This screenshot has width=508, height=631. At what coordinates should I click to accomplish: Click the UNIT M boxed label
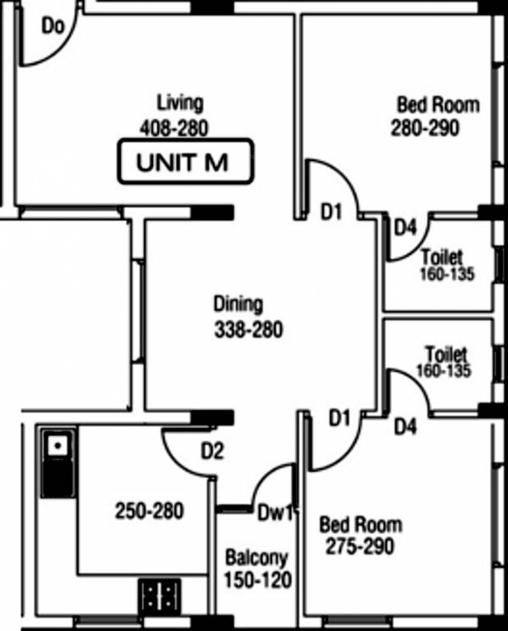186,161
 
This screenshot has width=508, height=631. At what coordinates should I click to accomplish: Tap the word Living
180,102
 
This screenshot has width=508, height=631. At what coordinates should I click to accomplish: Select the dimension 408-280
174,128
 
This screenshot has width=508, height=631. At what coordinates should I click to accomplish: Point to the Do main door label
53,26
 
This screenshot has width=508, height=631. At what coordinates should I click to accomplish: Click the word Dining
238,304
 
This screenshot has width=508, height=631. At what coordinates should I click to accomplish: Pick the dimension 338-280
249,329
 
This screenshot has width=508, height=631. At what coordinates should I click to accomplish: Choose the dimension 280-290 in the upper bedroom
425,128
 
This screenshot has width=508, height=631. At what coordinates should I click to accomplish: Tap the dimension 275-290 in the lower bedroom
360,546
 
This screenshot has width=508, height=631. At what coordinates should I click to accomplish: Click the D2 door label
212,452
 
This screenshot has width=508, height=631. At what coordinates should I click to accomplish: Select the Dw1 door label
275,513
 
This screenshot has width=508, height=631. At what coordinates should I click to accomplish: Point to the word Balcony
256,558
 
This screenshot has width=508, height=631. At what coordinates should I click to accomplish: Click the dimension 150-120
257,580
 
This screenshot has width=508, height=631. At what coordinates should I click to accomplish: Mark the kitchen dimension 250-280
150,511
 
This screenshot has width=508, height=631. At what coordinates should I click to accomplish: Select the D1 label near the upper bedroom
331,212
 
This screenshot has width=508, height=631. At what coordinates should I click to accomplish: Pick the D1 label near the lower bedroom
339,418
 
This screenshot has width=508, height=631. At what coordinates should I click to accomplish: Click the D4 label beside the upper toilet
405,228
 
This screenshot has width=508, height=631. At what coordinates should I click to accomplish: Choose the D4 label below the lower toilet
405,426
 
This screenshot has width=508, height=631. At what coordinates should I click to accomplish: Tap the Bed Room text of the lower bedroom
361,525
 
